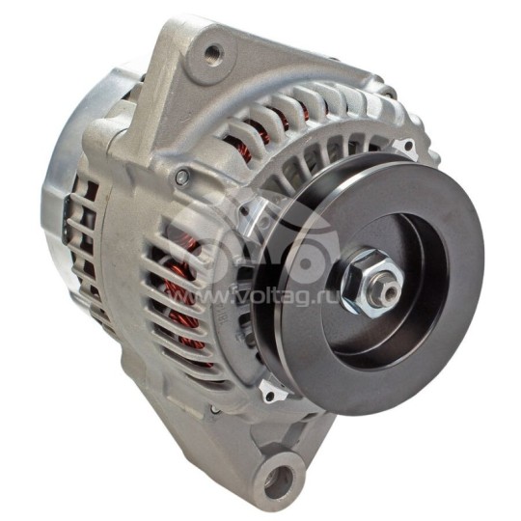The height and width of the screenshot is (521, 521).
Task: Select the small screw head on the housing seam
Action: [180, 177]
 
